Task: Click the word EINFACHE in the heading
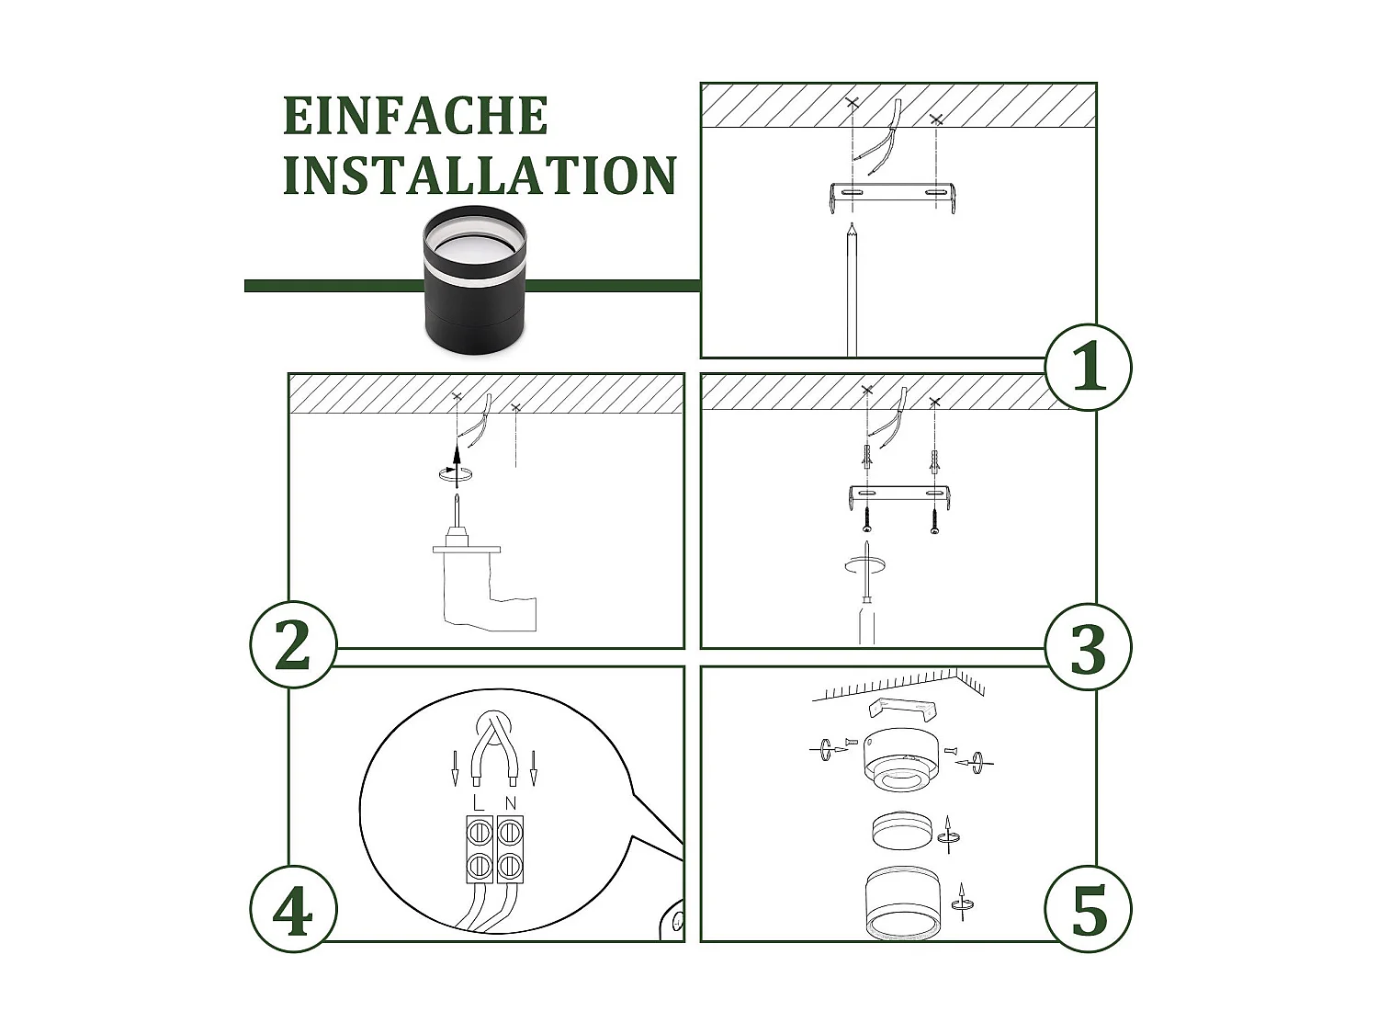click(415, 116)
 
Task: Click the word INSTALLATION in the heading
click(480, 175)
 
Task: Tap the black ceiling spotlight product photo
click(475, 279)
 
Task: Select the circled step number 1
click(1089, 367)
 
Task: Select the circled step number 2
click(294, 645)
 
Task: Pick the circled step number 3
click(1089, 647)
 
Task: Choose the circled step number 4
click(294, 910)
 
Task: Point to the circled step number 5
click(1089, 910)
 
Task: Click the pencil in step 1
click(852, 290)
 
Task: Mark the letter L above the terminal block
click(479, 801)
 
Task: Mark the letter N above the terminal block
click(510, 801)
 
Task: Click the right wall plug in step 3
click(935, 462)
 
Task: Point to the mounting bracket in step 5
click(903, 710)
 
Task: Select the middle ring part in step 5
click(903, 833)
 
